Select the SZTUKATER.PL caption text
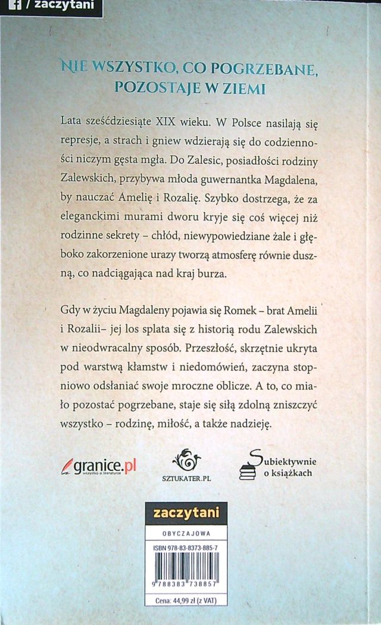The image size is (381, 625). point(188,478)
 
